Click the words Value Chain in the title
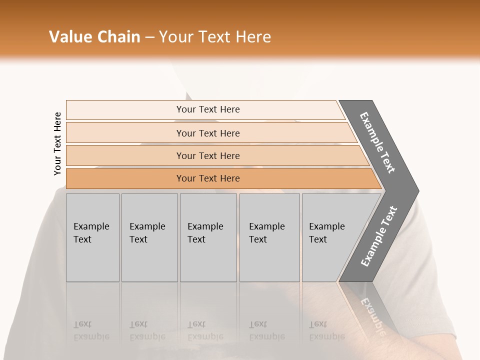[x=94, y=37]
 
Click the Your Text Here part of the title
[x=215, y=37]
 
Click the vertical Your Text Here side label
[x=57, y=143]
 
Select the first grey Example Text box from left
[x=92, y=237]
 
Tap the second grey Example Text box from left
[x=149, y=237]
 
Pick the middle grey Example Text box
[x=208, y=237]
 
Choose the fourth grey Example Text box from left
[x=269, y=237]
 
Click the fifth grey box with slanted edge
[x=330, y=237]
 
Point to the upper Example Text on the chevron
[x=378, y=142]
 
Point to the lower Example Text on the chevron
[x=379, y=236]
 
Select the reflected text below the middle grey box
[x=205, y=330]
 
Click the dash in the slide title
[x=149, y=37]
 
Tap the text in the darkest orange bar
[x=208, y=178]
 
